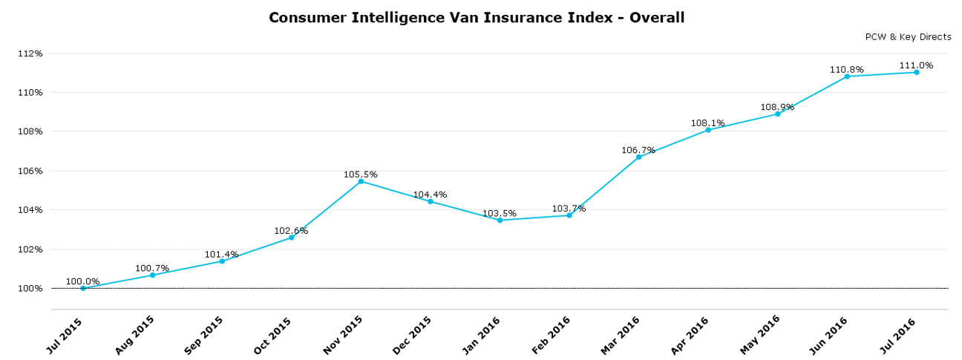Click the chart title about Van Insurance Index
477,17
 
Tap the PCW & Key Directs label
908,37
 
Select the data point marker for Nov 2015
361,181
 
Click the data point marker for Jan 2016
500,220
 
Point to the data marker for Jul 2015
83,288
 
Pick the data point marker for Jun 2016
847,76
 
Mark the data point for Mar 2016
638,157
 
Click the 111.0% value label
916,65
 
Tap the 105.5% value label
361,174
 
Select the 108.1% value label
708,123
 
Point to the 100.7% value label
152,268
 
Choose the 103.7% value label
569,209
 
